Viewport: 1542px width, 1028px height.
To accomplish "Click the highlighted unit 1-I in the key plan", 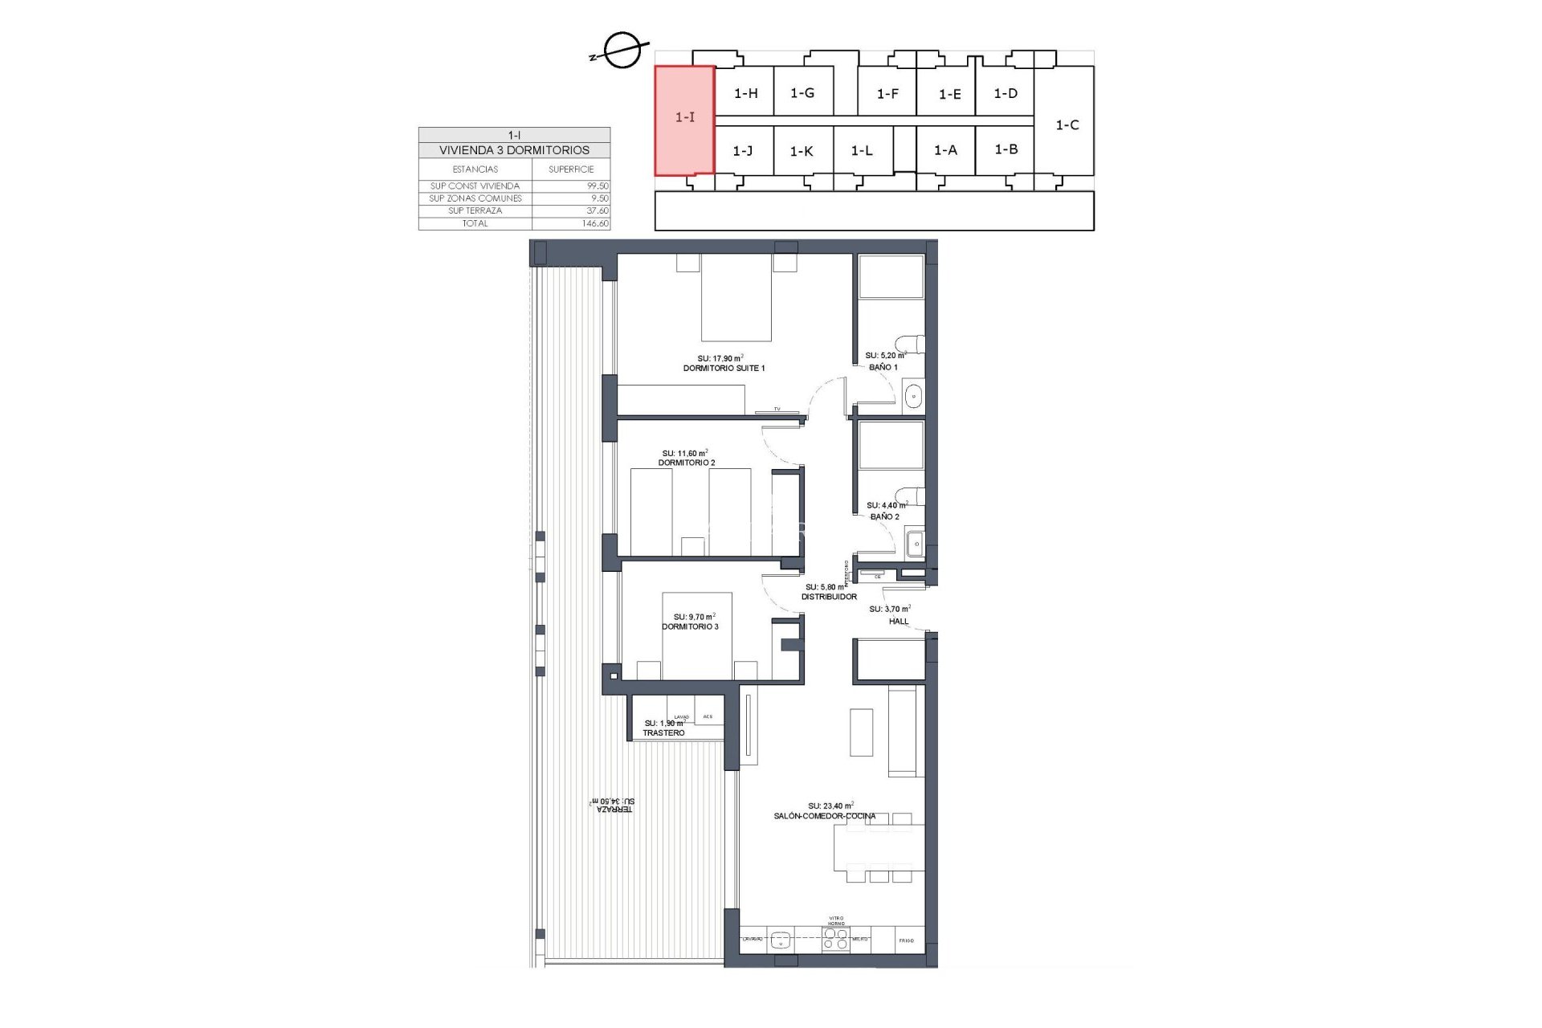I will [x=684, y=118].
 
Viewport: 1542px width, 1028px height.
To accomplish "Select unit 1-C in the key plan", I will [x=1067, y=125].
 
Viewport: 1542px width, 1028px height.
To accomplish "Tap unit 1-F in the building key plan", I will [x=887, y=94].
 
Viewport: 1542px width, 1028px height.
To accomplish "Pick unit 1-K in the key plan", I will [x=802, y=151].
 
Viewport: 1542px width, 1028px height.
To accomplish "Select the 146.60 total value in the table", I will [x=595, y=224].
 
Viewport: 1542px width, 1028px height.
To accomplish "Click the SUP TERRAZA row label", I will [x=475, y=211].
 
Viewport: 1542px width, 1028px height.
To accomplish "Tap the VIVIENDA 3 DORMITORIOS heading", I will [x=514, y=150].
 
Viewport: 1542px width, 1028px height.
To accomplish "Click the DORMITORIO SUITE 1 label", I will [x=724, y=369].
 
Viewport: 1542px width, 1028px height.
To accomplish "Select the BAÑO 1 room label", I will [x=883, y=367].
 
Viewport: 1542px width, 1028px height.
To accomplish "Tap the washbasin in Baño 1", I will [x=914, y=395].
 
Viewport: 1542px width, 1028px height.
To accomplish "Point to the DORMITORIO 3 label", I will [x=690, y=626].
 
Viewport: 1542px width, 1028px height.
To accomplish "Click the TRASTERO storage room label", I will [x=663, y=733].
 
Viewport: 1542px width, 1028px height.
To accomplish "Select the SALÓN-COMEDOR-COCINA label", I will [x=825, y=816].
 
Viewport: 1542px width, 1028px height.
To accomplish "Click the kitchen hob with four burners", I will [x=836, y=939].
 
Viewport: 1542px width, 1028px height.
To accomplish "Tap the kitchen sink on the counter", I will [x=779, y=939].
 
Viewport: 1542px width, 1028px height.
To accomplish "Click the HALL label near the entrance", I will [x=899, y=621].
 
